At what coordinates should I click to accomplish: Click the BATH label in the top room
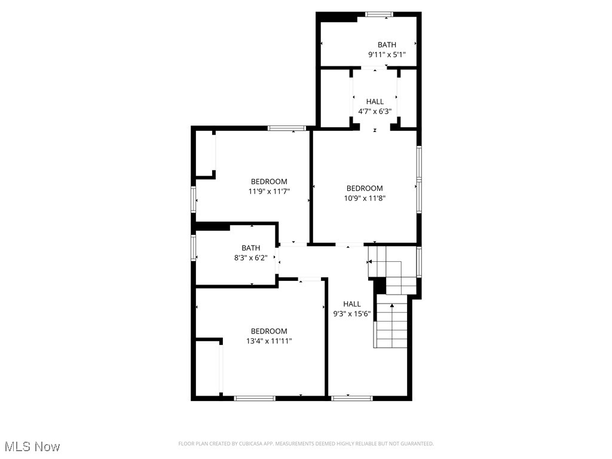387,45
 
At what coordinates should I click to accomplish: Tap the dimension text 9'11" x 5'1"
387,55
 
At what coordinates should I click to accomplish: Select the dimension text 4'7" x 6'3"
375,111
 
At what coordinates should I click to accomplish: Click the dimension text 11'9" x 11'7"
269,191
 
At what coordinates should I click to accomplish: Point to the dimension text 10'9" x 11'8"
365,198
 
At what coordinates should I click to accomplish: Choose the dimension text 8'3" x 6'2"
251,258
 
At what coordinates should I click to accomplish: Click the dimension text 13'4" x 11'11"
269,341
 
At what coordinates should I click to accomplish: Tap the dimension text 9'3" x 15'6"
352,313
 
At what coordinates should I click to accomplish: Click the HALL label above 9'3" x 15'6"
352,304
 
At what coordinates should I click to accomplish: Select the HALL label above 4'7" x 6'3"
375,102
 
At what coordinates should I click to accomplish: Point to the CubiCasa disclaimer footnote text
306,443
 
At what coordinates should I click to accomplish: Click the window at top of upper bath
379,14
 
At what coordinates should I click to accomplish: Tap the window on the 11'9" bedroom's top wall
287,128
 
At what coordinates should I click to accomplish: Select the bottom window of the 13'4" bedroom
255,398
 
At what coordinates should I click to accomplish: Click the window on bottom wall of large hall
351,398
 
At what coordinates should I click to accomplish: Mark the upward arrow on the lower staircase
392,306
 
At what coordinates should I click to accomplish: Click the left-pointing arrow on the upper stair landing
371,261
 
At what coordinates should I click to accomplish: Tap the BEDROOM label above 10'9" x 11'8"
365,188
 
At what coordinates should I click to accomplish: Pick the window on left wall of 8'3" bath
194,247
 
